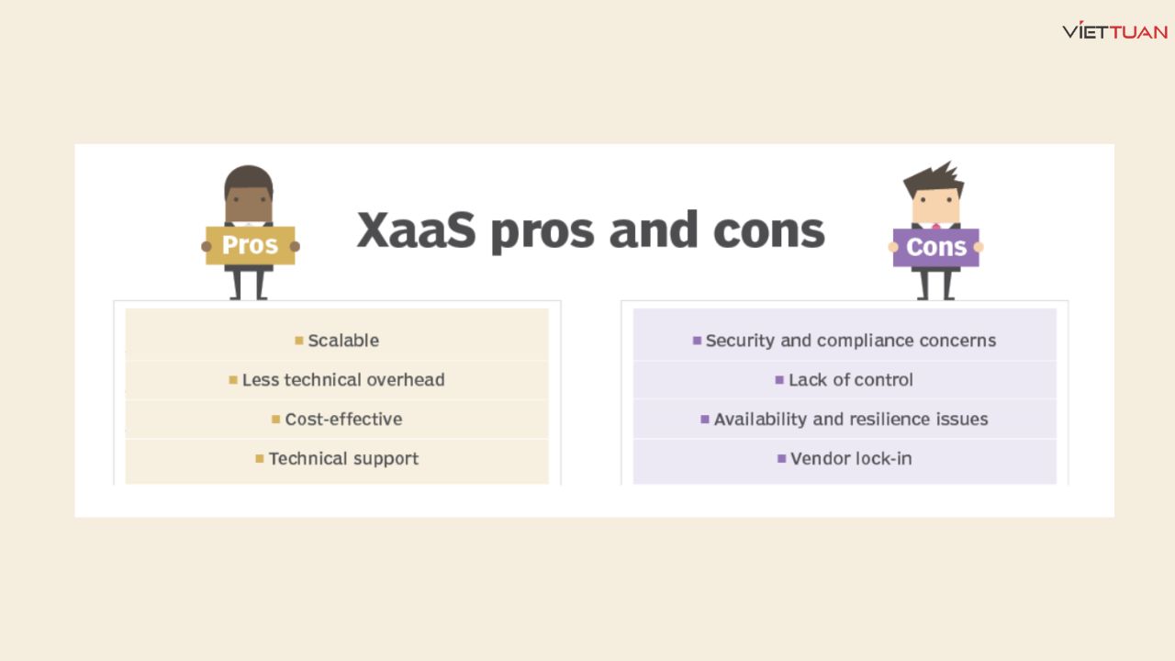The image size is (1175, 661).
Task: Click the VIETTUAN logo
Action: click(1114, 31)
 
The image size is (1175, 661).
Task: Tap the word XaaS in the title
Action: click(416, 230)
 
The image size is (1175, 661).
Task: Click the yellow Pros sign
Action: click(250, 245)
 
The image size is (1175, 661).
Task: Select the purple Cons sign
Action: click(935, 247)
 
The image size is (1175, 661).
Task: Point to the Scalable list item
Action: click(343, 341)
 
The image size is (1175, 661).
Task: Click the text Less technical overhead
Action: click(343, 380)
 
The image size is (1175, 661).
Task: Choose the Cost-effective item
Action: click(343, 420)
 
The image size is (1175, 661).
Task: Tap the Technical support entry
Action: click(343, 459)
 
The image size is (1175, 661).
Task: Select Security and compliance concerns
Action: click(850, 341)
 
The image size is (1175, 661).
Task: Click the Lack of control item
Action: click(850, 380)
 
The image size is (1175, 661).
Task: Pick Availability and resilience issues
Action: click(850, 420)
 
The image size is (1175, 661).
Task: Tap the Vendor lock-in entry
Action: click(850, 459)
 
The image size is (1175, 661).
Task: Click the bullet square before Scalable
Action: click(299, 341)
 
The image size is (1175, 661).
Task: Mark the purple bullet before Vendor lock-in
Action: click(781, 458)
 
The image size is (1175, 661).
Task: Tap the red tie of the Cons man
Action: click(935, 225)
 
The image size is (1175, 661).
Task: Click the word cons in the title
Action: click(768, 230)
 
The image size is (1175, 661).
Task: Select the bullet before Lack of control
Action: click(779, 379)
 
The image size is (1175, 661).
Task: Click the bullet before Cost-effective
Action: click(275, 420)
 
